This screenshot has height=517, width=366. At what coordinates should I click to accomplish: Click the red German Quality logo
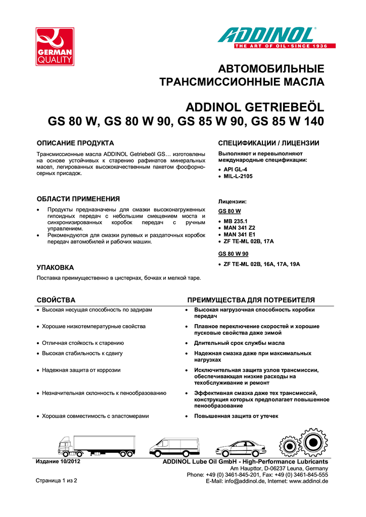pos(55,47)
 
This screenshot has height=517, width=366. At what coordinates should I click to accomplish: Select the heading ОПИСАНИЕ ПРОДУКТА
pos(75,143)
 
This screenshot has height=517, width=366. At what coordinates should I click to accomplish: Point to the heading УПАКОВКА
pos(56,267)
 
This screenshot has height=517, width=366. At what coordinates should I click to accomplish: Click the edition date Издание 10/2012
pos(58,462)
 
